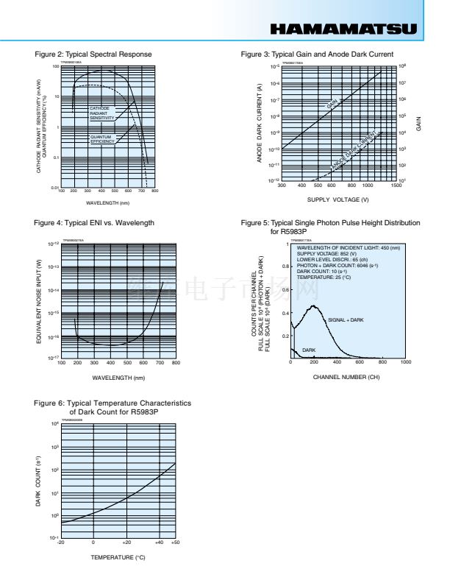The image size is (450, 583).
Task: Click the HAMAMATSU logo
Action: pos(343,29)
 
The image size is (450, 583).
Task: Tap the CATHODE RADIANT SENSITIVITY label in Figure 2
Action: pos(102,113)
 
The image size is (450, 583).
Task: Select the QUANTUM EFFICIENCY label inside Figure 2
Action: pos(102,139)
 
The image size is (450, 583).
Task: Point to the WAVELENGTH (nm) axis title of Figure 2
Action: pos(108,203)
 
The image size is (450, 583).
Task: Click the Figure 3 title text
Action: pos(317,54)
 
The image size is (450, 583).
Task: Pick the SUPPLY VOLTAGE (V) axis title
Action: pos(338,199)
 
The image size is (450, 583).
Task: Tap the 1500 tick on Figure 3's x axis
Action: pos(396,186)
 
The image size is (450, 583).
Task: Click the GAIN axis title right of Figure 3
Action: pos(418,123)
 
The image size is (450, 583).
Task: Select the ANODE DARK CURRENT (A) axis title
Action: pos(260,123)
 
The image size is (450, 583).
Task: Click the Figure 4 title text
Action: pos(95,222)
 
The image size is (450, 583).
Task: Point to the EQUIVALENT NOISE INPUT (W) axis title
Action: pos(38,301)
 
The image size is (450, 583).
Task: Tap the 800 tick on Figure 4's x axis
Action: pos(176,363)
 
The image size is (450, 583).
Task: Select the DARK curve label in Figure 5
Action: pos(310,350)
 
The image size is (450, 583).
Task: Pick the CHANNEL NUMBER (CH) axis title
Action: pos(346,376)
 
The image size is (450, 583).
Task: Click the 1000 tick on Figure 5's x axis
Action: pos(405,363)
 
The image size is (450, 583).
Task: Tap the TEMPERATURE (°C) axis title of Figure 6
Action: pos(118,557)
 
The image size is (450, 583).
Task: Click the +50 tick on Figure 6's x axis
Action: pos(175,543)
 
